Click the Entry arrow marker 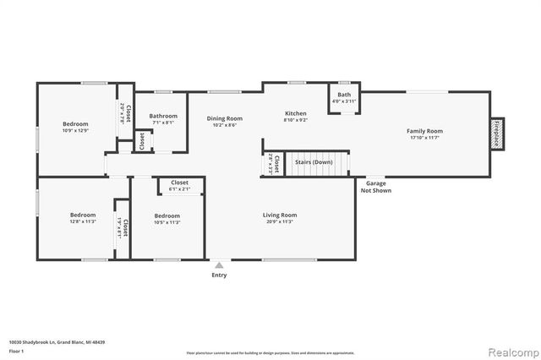point(219,265)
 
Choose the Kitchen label point(295,113)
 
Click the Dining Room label point(225,118)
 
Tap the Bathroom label point(163,116)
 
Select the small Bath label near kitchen point(344,95)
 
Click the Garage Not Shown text point(376,187)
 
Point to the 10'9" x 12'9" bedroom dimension point(75,131)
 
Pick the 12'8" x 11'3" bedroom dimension point(82,222)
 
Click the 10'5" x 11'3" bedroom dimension point(167,223)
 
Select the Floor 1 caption point(15,350)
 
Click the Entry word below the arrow point(219,275)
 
